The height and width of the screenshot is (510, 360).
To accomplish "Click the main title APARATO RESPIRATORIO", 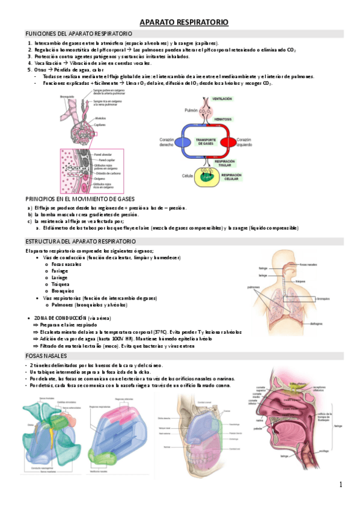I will coord(184,22).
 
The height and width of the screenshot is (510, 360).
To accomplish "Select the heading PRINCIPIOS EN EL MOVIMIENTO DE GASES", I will coord(80,198).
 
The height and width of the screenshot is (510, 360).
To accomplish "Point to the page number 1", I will coord(340,485).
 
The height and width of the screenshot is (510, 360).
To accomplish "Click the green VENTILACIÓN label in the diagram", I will coord(222,99).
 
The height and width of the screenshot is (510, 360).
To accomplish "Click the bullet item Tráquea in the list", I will coord(62,284).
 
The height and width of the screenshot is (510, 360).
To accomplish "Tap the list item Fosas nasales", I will coord(66,264).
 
